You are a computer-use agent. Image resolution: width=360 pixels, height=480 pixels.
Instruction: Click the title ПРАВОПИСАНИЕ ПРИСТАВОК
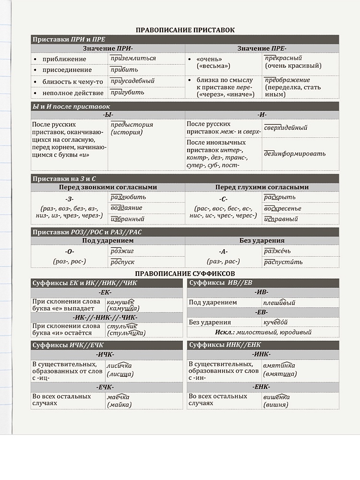pyautogui.click(x=185, y=30)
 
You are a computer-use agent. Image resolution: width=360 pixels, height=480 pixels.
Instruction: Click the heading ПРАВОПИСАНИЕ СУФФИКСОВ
pyautogui.click(x=185, y=273)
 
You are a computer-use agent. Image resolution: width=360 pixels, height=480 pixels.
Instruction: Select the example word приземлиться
pyautogui.click(x=133, y=59)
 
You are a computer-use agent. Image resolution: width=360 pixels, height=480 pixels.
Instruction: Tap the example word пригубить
pyautogui.click(x=127, y=93)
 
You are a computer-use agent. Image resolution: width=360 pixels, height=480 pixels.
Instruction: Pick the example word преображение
pyautogui.click(x=287, y=80)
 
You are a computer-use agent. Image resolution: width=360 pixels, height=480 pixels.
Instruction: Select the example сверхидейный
pyautogui.click(x=286, y=128)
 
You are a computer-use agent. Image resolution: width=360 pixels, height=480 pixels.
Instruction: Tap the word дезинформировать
pyautogui.click(x=295, y=154)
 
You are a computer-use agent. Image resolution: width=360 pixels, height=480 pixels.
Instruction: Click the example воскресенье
pyautogui.click(x=283, y=208)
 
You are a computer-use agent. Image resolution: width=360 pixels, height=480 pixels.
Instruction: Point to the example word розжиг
pyautogui.click(x=122, y=251)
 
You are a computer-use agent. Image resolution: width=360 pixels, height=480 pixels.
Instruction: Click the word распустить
pyautogui.click(x=283, y=262)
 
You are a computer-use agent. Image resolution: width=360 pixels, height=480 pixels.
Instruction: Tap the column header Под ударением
pyautogui.click(x=108, y=240)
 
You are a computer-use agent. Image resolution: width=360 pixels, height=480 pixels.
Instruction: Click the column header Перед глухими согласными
pyautogui.click(x=262, y=187)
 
